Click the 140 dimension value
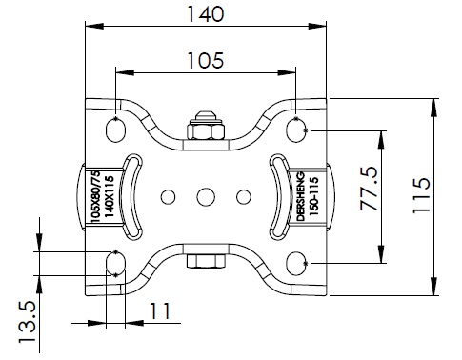(206, 14)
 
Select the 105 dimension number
(206, 60)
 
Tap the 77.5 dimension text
(369, 189)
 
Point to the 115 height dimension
(421, 196)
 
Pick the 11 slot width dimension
(159, 311)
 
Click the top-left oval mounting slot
(115, 129)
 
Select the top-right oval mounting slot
(296, 129)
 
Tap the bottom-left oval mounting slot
(115, 263)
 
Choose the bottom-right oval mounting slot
(296, 263)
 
